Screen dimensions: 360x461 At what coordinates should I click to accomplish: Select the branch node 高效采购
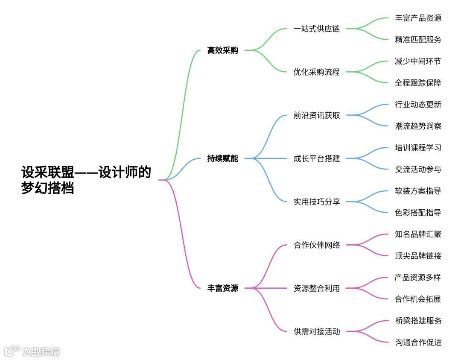coord(222,50)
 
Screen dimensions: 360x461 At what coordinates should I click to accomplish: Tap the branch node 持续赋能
coord(222,158)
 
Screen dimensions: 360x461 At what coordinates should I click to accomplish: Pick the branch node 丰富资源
coord(222,288)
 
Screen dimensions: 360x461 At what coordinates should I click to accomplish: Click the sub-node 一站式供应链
coord(317,29)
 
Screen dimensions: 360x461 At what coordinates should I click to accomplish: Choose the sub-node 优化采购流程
coord(317,72)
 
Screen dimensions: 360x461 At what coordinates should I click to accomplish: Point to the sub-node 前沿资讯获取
coord(317,115)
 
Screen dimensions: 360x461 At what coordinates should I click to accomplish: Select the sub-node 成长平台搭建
coord(317,158)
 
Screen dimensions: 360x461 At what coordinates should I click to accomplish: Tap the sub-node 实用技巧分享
coord(317,202)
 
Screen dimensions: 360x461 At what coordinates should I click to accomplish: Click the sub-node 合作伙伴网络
coord(317,245)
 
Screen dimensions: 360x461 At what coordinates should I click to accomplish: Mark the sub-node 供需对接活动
coord(317,331)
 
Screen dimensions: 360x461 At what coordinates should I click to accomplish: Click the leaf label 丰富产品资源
coord(418,18)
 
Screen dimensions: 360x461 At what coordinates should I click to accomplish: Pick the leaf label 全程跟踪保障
coord(418,83)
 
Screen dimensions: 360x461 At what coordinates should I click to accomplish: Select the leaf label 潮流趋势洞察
coord(418,126)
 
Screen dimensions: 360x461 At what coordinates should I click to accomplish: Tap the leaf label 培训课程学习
coord(418,148)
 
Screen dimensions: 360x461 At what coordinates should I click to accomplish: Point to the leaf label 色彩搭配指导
coord(418,213)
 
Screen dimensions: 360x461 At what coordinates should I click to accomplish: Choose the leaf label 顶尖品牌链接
coord(418,256)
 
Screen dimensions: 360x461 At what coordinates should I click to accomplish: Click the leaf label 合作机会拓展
coord(418,299)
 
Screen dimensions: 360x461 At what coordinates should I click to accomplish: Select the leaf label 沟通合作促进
coord(418,342)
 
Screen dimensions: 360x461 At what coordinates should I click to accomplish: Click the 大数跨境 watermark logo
coord(32,351)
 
